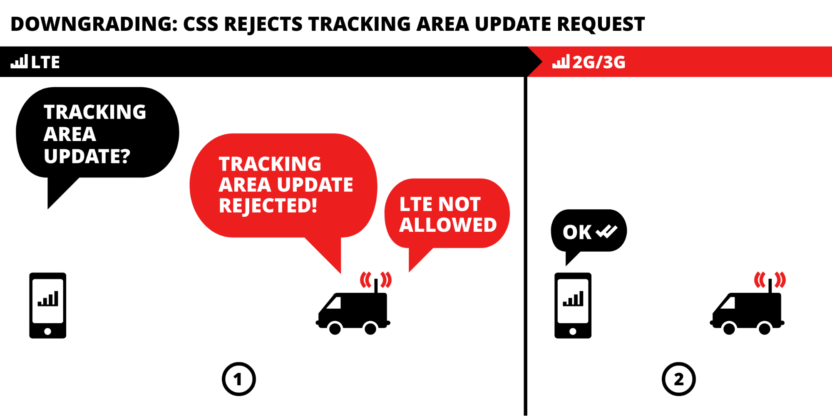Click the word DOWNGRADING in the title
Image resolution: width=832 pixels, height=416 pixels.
point(94,24)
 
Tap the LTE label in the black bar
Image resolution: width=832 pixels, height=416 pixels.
point(45,62)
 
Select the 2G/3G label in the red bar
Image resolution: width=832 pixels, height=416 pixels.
point(599,62)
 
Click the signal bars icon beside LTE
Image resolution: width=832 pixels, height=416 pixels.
point(19,62)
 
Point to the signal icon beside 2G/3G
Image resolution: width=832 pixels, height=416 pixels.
point(561,62)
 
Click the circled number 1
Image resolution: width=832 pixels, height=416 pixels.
point(238,379)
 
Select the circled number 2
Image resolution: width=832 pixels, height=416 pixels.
point(678,379)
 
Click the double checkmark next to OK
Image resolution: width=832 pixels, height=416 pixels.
point(606,231)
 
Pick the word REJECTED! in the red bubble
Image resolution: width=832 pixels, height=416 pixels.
point(268,206)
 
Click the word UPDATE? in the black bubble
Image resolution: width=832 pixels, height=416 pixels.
point(87,156)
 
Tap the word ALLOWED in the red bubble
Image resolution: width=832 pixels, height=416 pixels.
point(448,225)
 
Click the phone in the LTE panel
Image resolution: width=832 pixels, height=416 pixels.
point(48,305)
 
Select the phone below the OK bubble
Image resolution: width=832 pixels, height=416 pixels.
point(573,305)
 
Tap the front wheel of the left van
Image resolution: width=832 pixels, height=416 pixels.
point(335,329)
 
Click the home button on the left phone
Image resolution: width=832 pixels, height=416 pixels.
point(48,332)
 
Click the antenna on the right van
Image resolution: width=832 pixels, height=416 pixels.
point(770,286)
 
